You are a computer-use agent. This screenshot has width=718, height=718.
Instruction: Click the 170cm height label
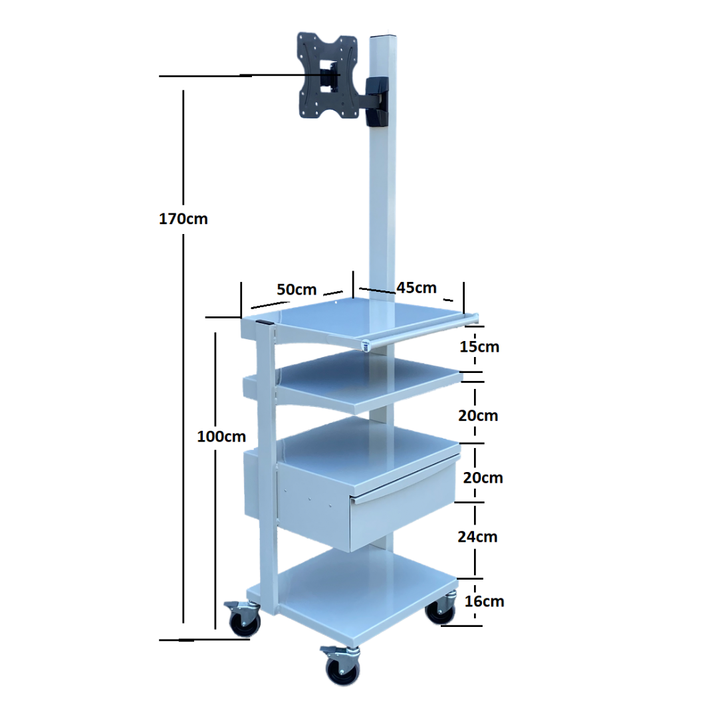183,219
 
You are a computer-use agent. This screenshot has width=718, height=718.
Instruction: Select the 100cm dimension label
221,436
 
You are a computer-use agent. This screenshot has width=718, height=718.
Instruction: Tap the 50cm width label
297,289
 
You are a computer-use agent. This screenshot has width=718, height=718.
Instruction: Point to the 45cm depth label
416,288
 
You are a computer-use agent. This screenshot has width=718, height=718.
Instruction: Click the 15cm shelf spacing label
479,346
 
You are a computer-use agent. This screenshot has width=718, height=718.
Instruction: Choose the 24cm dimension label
477,537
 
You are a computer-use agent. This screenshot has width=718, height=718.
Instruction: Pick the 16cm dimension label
484,601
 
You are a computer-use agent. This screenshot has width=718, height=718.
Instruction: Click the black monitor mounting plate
327,76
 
